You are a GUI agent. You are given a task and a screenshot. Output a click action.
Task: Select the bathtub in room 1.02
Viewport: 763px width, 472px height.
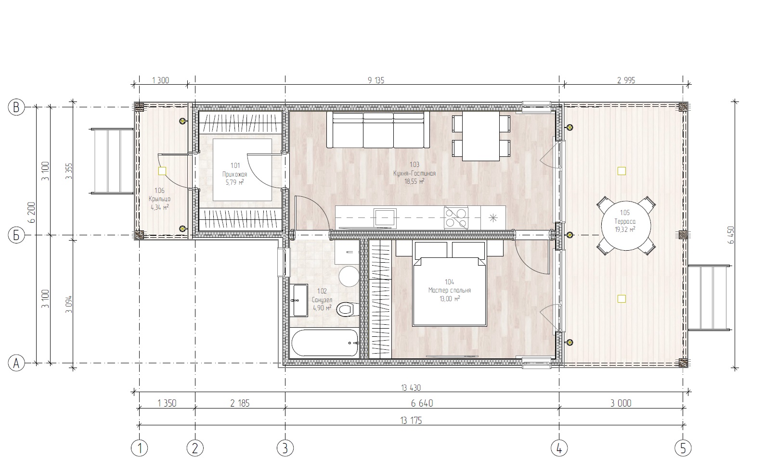325,343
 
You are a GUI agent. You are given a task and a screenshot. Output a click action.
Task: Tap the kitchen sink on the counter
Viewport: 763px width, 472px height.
385,217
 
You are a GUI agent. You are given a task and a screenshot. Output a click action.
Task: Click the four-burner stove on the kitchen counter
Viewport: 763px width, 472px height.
456,218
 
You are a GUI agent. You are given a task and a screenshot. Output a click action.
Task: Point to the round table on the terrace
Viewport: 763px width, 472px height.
626,226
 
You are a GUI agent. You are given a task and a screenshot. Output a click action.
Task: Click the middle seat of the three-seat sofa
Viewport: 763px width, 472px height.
378,130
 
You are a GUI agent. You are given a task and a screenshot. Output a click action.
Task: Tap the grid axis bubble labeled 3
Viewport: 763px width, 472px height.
285,448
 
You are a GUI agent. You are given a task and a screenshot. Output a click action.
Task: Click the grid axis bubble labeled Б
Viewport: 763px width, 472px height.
16,235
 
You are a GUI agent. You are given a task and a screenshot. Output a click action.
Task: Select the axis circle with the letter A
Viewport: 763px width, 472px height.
16,363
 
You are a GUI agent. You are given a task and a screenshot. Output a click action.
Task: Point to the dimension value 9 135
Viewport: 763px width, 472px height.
376,80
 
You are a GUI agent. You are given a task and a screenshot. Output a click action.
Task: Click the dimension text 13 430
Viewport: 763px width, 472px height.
411,387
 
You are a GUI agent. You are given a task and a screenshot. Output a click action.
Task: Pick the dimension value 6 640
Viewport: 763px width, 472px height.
422,403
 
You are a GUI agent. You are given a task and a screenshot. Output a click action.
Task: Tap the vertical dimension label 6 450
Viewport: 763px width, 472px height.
731,235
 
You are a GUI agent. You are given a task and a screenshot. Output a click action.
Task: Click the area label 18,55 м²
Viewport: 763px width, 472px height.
414,181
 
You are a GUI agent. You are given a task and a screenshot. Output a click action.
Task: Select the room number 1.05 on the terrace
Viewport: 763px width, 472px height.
625,213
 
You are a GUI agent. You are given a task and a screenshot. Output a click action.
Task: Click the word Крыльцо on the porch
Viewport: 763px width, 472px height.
159,199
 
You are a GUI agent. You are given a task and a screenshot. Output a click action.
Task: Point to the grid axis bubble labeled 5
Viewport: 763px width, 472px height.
683,448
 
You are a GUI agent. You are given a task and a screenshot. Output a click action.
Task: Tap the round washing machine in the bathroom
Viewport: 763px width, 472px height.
349,276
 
